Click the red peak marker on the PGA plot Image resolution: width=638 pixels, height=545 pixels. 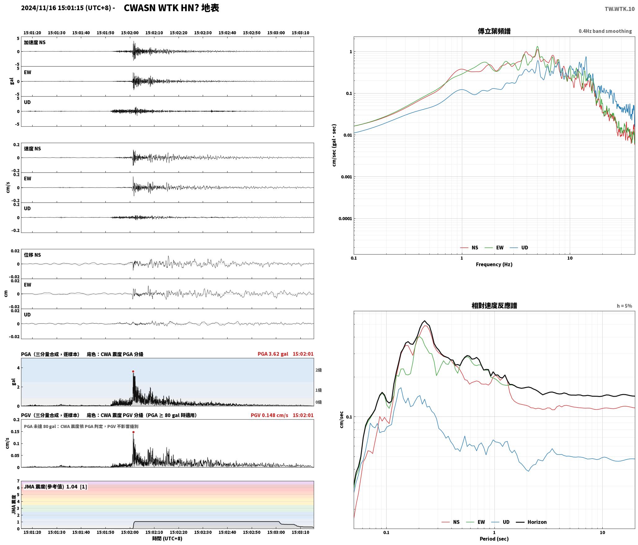click(x=133, y=371)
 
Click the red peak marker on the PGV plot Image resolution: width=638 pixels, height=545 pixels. click(x=133, y=432)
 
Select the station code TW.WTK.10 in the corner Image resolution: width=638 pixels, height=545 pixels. click(x=619, y=9)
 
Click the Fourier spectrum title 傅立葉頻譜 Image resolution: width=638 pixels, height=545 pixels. click(x=494, y=31)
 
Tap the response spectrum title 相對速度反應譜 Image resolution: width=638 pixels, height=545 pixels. click(x=494, y=306)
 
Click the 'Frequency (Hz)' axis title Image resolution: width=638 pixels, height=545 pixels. click(x=494, y=264)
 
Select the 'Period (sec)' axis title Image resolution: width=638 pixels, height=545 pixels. click(x=494, y=539)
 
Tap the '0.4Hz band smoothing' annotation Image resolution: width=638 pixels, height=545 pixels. click(x=605, y=31)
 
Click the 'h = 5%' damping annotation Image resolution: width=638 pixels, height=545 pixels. click(x=624, y=306)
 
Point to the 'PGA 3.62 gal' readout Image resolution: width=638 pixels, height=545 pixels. click(x=273, y=354)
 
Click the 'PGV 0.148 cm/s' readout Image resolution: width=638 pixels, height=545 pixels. click(x=269, y=415)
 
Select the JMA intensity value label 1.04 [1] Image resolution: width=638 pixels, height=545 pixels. click(x=77, y=487)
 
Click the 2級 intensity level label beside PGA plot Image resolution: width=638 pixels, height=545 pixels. click(x=318, y=370)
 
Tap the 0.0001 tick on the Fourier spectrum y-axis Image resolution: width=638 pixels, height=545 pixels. click(x=345, y=219)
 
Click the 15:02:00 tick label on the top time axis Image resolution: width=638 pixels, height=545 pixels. click(x=130, y=33)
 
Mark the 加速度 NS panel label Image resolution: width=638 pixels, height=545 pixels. click(x=35, y=42)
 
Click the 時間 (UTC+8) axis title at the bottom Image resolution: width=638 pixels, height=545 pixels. click(x=167, y=538)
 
